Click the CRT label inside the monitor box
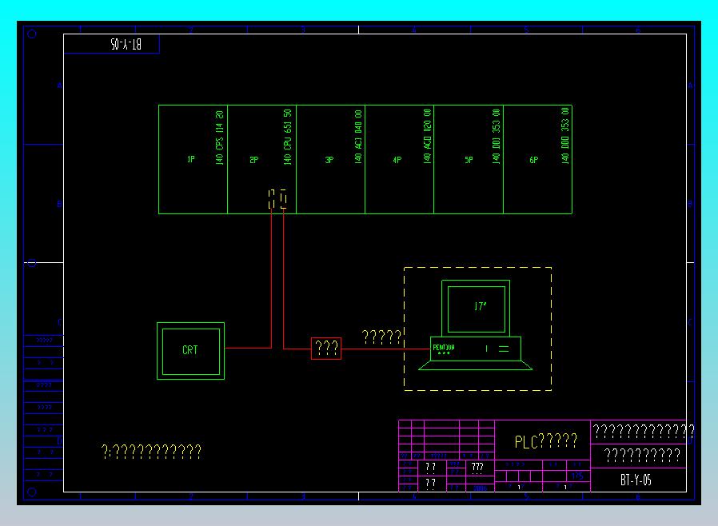tap(190, 350)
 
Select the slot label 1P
tap(191, 160)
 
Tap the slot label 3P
tap(329, 160)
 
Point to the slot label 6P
tap(533, 160)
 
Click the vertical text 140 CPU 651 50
tap(288, 137)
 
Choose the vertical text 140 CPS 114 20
tap(220, 137)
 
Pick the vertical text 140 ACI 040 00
tap(358, 137)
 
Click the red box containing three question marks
tap(326, 349)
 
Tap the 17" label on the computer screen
tap(480, 307)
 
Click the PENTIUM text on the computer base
tap(444, 347)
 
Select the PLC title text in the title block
tap(545, 441)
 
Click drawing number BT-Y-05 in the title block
tap(636, 480)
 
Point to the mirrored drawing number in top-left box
tap(126, 45)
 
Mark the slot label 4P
tap(397, 160)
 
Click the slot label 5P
tap(469, 160)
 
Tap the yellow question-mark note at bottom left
tap(152, 452)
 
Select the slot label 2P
tap(254, 160)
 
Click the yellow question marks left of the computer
tap(381, 337)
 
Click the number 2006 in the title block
tap(480, 487)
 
